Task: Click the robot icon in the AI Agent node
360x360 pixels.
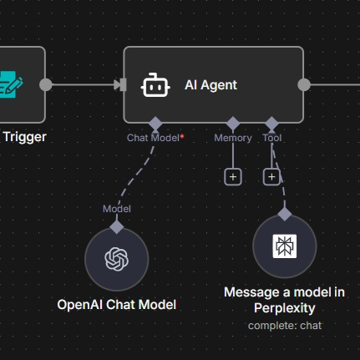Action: [155, 84]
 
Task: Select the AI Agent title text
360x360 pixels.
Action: [210, 84]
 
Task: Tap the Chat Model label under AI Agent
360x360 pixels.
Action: [154, 138]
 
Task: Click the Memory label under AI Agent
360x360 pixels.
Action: [232, 138]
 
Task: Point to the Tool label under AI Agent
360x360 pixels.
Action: [271, 138]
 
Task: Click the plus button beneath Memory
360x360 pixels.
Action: [232, 176]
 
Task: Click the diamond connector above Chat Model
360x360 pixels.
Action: [155, 123]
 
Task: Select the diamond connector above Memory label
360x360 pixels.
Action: [232, 123]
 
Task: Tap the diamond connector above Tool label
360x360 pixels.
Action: [271, 123]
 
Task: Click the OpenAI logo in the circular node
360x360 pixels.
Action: [116, 260]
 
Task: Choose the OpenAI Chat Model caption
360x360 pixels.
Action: [116, 304]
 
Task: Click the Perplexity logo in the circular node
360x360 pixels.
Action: [284, 246]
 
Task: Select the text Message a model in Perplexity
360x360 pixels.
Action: [284, 299]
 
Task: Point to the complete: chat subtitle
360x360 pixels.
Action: [284, 325]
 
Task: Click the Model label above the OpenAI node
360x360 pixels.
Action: [116, 209]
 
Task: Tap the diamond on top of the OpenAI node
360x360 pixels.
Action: [116, 226]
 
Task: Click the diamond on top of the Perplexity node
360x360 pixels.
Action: [284, 214]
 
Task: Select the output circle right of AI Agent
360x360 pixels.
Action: [304, 84]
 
